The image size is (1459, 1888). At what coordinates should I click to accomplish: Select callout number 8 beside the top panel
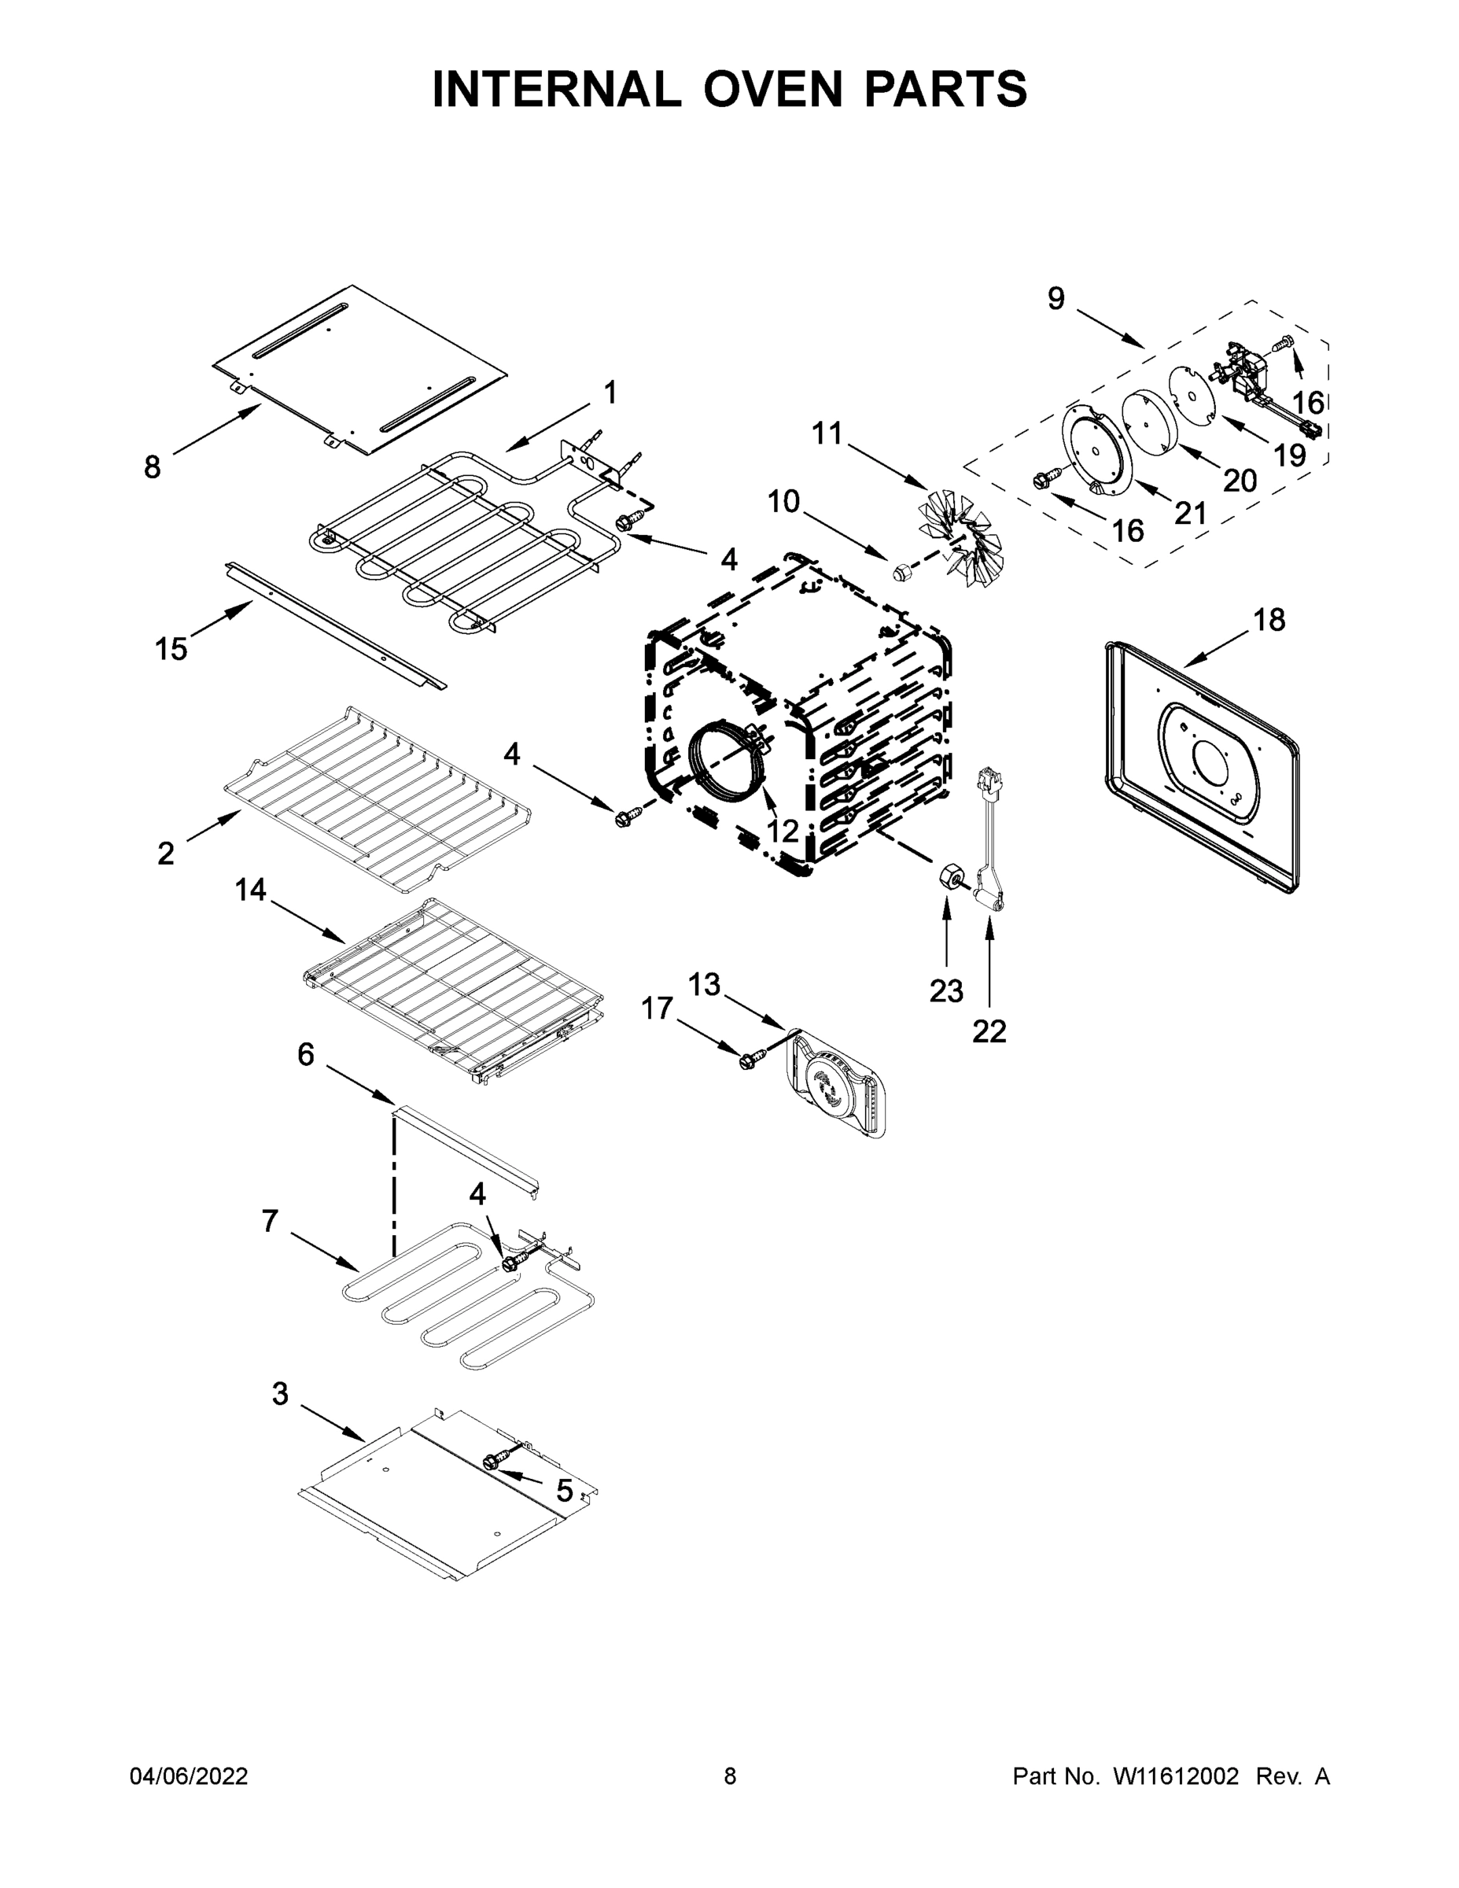tap(152, 468)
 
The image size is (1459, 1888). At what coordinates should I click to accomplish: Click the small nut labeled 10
tap(902, 570)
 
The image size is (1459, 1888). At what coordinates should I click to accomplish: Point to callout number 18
tap(1269, 619)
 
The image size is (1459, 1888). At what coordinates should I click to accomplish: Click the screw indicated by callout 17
tap(750, 1060)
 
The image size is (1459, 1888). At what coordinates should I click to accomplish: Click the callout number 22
tap(989, 1031)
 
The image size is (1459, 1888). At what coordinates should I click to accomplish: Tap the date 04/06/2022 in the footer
tap(189, 1776)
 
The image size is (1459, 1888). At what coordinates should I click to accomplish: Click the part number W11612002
tap(1176, 1776)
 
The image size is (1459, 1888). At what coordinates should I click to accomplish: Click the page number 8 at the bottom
tap(730, 1776)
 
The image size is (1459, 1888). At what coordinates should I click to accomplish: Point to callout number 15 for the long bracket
tap(171, 648)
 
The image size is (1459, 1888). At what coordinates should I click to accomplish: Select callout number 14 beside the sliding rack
tap(251, 890)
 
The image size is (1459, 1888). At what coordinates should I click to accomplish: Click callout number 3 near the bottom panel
tap(280, 1395)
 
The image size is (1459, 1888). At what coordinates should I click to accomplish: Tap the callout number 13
tap(704, 984)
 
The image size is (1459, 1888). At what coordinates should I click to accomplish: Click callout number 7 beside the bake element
tap(270, 1221)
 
